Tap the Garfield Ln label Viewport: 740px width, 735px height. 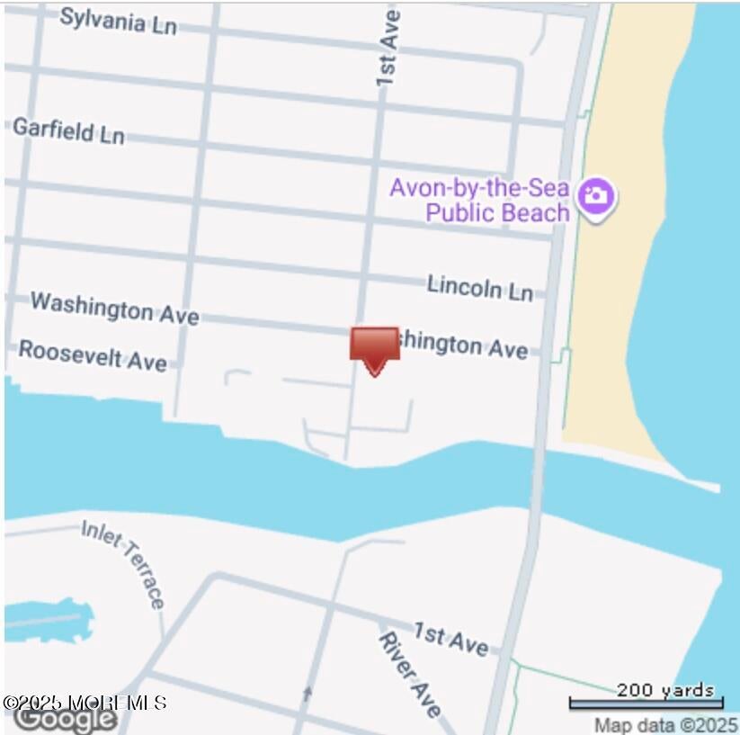(68, 131)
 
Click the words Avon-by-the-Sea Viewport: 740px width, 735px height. (478, 189)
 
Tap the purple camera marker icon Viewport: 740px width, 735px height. (596, 195)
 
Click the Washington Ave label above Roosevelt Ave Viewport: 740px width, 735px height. (114, 308)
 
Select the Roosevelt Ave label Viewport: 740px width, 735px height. (93, 354)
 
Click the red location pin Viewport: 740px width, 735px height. (374, 348)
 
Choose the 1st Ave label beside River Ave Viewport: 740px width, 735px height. (450, 639)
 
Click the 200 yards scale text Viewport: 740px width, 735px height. (664, 691)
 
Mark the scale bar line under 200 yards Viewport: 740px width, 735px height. (646, 704)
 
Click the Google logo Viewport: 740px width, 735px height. (65, 719)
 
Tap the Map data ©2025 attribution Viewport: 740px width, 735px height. (666, 724)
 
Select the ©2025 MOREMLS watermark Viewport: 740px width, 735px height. (85, 703)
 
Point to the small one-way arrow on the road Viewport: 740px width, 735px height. (308, 693)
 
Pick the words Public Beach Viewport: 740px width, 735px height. (497, 212)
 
